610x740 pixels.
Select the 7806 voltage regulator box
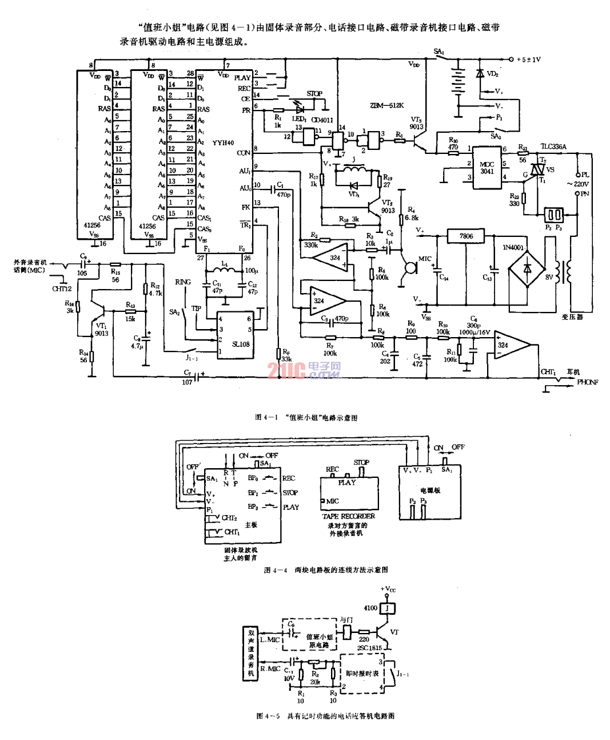466,236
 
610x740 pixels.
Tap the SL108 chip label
241,344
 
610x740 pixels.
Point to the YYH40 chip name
223,143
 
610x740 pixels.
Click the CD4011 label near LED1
322,120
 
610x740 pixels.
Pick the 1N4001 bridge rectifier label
513,247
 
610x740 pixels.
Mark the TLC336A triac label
553,147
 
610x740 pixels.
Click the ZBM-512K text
386,105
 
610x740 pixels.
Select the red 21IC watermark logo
286,370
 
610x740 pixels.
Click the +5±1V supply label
528,60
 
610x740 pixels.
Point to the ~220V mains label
577,184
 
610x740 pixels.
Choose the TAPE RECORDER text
349,516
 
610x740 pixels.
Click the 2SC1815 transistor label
369,648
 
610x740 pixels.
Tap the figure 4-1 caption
306,418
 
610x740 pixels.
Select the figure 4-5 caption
325,716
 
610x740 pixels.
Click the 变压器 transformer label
572,316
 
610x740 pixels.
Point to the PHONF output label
587,382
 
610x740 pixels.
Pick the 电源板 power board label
430,490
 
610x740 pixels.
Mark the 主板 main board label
251,524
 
